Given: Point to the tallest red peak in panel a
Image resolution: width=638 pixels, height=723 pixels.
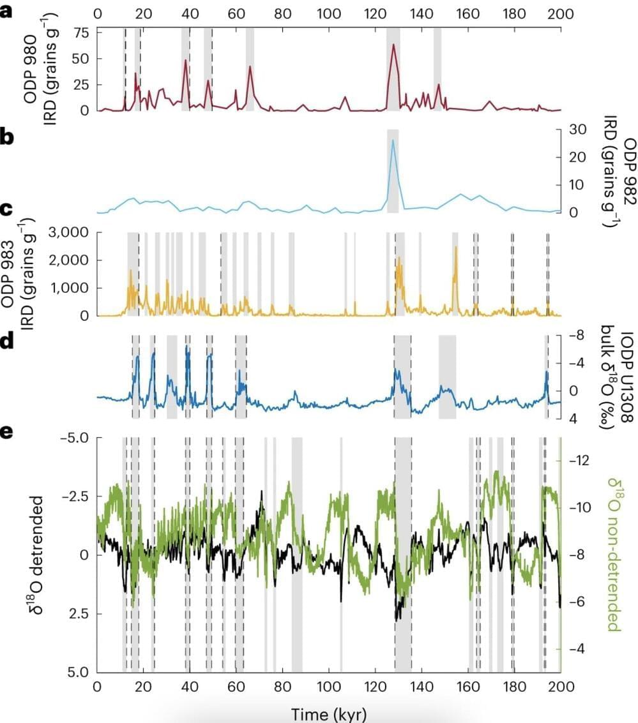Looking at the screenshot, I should click(x=393, y=45).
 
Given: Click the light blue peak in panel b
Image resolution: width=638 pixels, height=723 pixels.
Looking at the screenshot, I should click(x=393, y=140).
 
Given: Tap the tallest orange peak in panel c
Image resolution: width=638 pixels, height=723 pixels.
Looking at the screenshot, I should click(x=456, y=248).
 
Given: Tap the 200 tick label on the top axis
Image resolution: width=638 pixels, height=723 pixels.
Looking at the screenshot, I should click(x=560, y=13).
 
